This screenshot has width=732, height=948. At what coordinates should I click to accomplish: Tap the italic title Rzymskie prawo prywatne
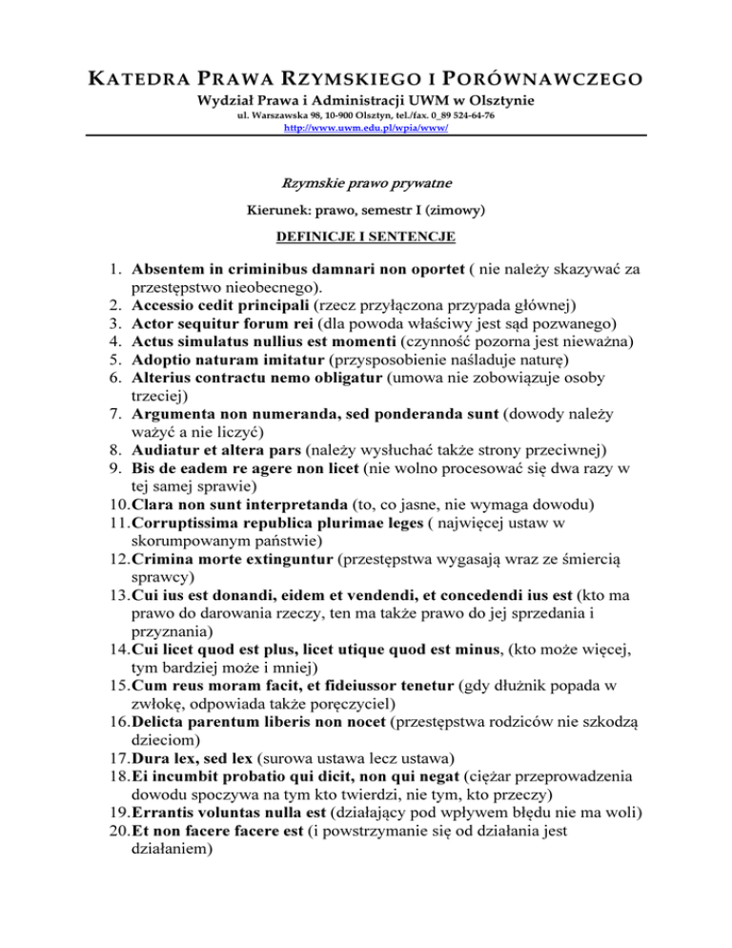click(x=366, y=182)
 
